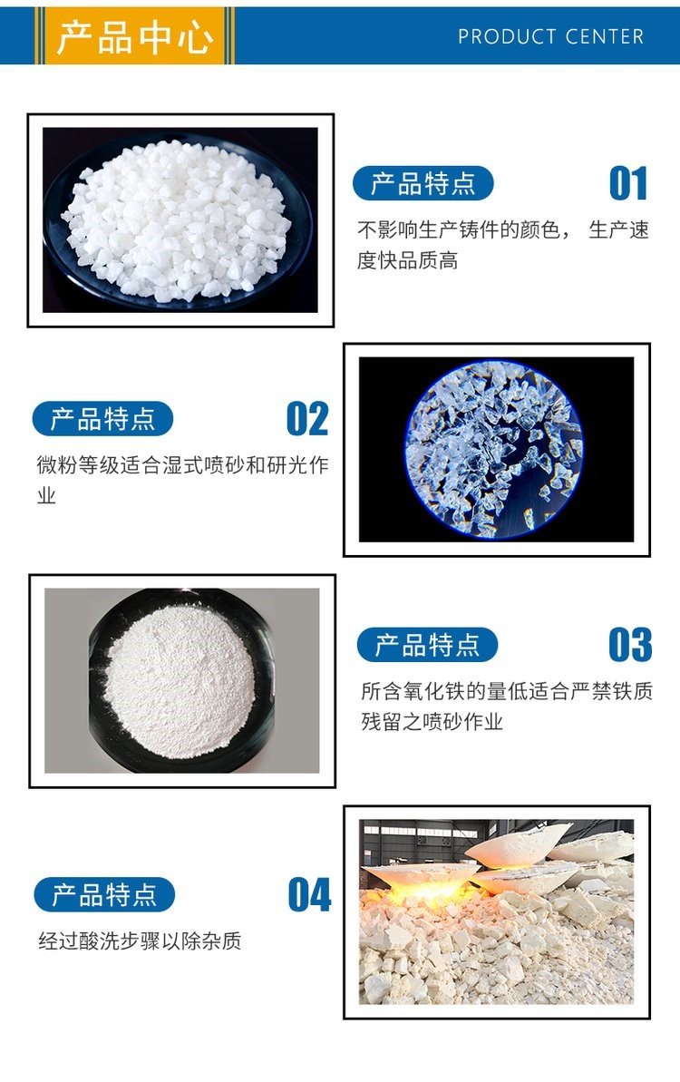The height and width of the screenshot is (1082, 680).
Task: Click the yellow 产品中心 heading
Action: pos(134,36)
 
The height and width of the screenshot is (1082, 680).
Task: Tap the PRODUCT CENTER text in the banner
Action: pos(551,36)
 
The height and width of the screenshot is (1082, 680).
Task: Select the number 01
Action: pos(628,183)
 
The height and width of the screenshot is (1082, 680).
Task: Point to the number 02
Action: pos(307,419)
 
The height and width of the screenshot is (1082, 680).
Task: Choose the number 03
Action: pos(630,645)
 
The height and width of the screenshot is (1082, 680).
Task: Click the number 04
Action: pos(310,894)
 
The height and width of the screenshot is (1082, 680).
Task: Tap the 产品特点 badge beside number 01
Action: pos(423,183)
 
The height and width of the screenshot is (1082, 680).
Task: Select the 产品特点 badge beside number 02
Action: pos(102,419)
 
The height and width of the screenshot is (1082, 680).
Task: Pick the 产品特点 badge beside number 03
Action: pos(428,645)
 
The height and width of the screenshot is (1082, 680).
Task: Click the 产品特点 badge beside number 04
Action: pos(104,895)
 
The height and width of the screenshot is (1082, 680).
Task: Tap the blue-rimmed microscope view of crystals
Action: pos(494,449)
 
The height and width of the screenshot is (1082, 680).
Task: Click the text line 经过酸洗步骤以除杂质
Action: pos(140,941)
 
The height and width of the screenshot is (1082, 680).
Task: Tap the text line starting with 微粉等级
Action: pos(183,464)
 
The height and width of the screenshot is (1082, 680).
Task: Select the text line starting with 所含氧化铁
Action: pos(507,691)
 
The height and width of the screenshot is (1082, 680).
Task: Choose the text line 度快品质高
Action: pos(408,260)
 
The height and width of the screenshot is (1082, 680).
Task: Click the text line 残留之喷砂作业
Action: pos(432,722)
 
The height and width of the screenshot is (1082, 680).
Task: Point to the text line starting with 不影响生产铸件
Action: pos(503,229)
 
